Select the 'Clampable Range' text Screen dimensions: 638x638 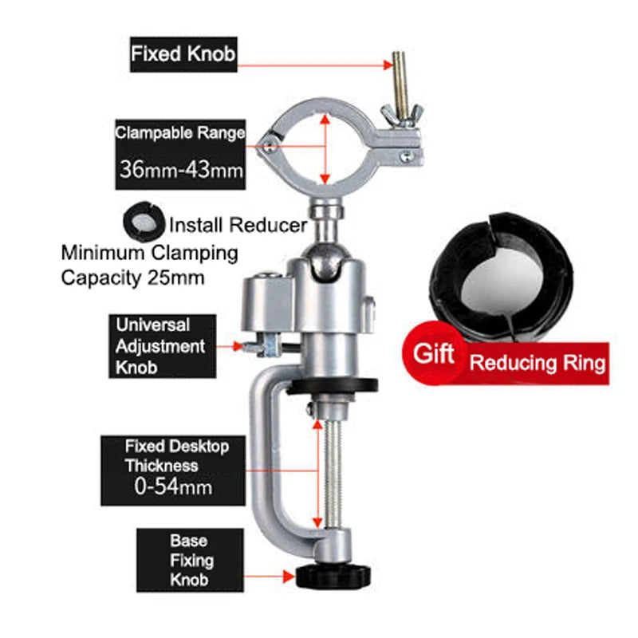179,133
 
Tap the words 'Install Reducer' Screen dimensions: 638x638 238,225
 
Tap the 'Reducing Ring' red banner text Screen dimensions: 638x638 538,363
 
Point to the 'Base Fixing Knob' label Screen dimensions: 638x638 188,560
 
